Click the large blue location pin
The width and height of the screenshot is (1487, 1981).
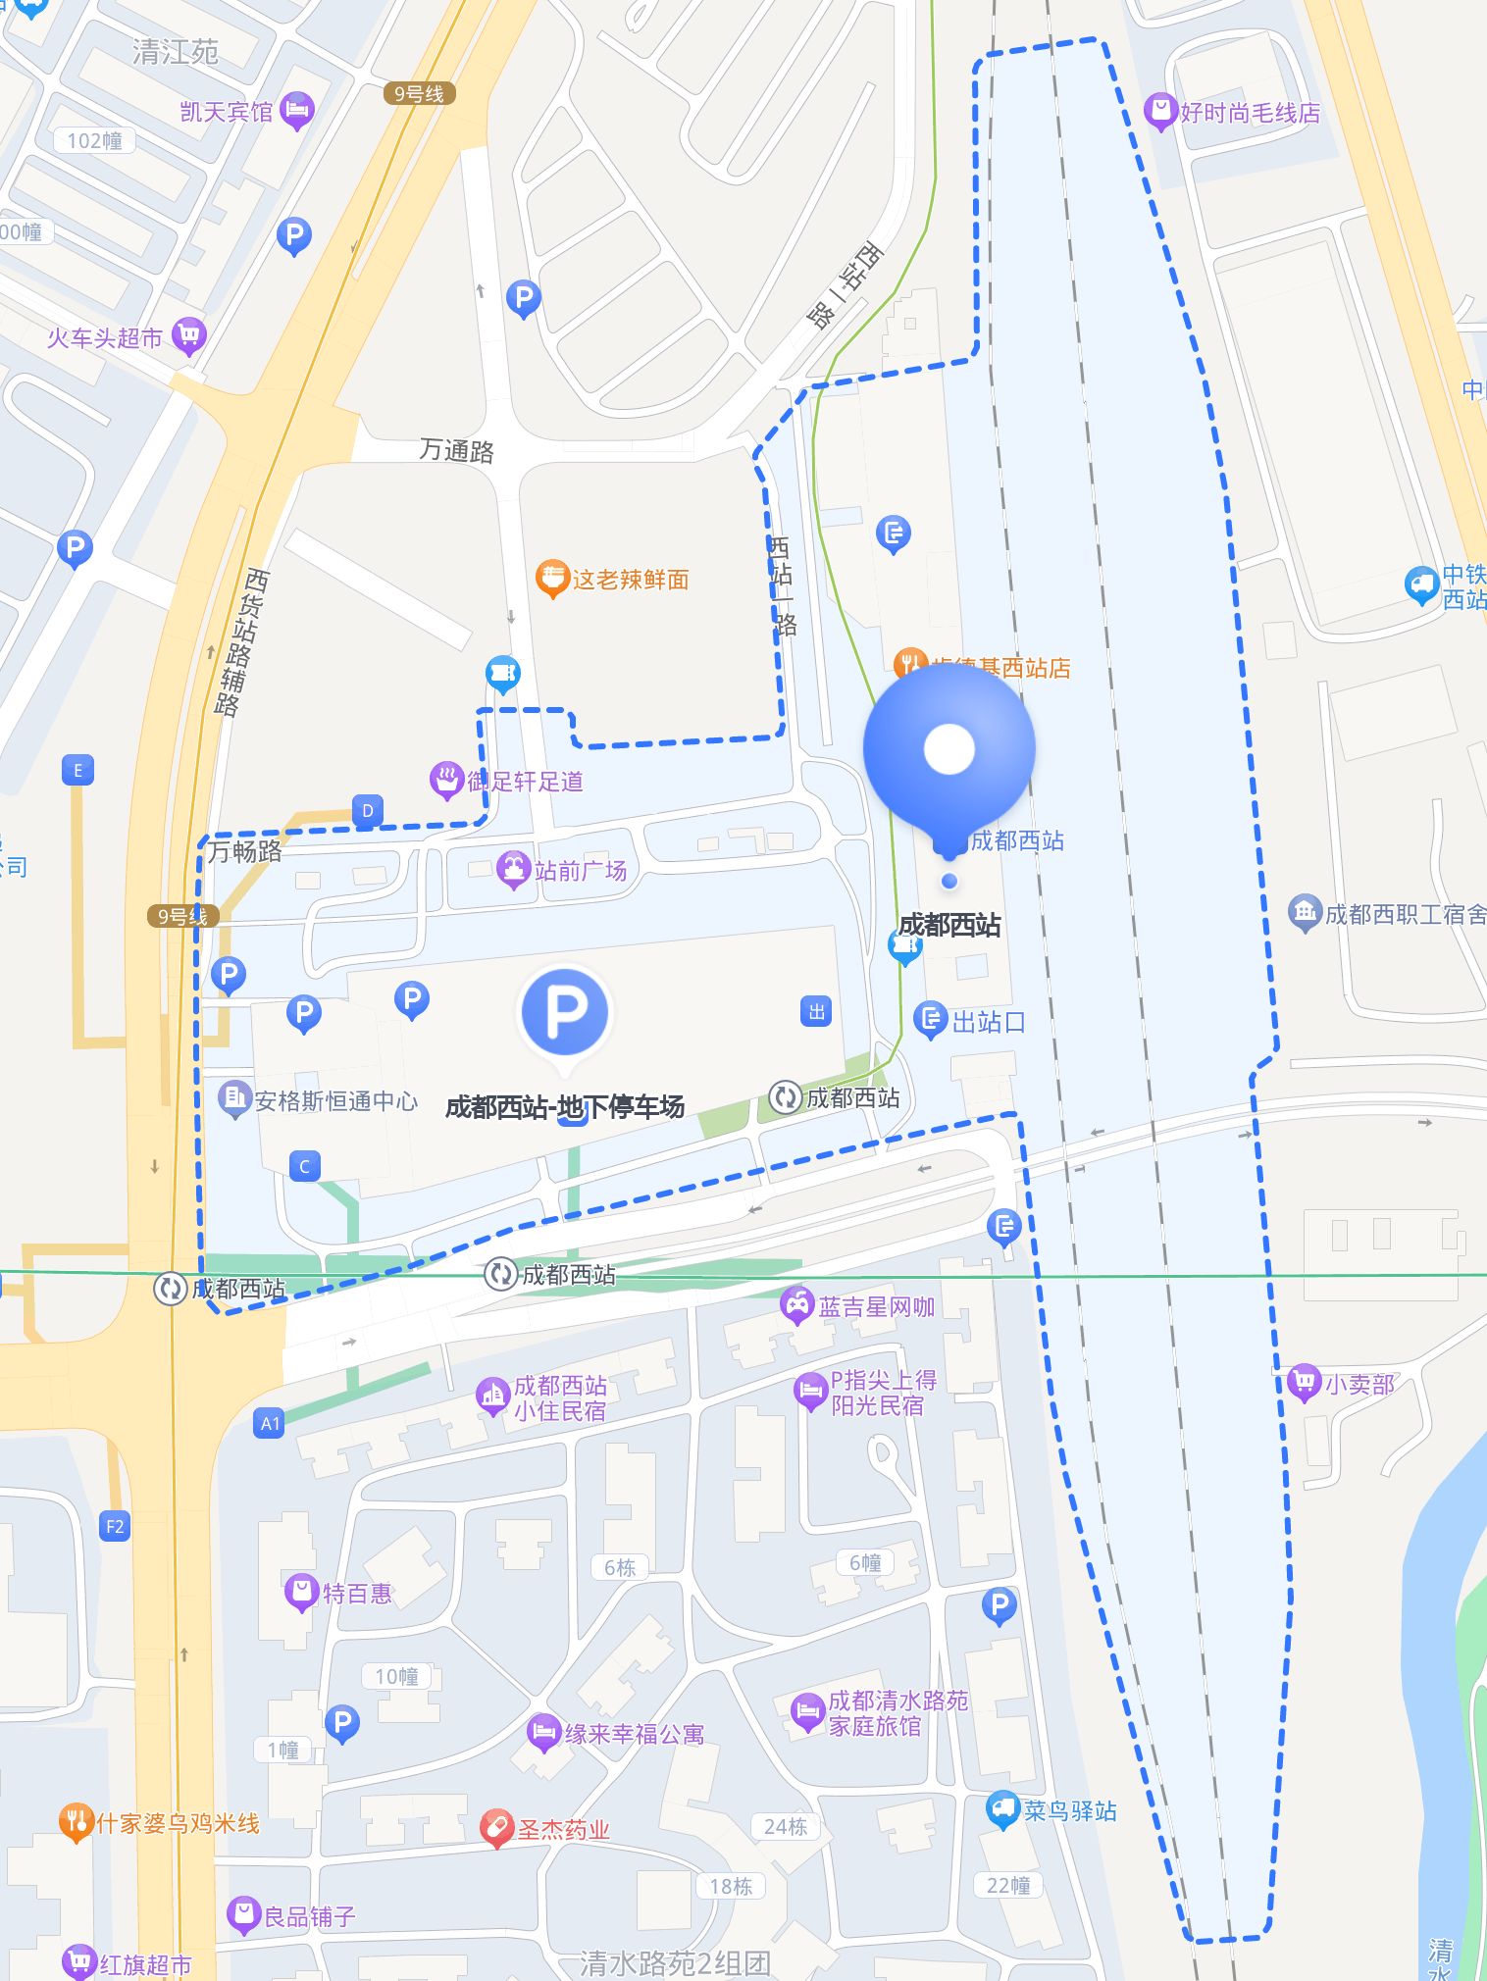[949, 749]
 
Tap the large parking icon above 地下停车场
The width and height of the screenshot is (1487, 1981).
[565, 1012]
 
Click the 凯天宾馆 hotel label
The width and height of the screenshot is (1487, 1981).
[227, 112]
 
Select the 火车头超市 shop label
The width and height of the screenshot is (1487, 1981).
[105, 338]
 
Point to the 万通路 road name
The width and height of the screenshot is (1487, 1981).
[456, 450]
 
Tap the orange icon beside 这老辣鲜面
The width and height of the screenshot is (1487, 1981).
[552, 579]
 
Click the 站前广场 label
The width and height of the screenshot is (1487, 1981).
[580, 870]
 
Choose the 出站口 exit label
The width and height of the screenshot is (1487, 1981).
[988, 1022]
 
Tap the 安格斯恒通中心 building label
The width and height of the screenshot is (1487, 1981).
[335, 1100]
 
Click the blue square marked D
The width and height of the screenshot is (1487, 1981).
[368, 811]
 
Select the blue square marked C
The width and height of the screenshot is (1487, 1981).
[304, 1166]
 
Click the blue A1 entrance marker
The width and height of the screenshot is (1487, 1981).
[270, 1423]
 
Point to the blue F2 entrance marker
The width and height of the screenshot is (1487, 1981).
[115, 1526]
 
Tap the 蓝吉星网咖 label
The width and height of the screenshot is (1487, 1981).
[876, 1306]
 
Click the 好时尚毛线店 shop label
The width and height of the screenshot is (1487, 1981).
[1249, 113]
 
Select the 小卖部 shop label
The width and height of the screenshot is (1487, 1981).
[1359, 1384]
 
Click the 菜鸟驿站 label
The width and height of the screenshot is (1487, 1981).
[1069, 1810]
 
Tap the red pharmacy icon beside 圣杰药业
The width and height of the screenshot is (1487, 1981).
[497, 1829]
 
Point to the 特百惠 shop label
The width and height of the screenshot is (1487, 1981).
[357, 1593]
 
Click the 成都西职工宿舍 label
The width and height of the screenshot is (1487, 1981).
[1405, 914]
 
